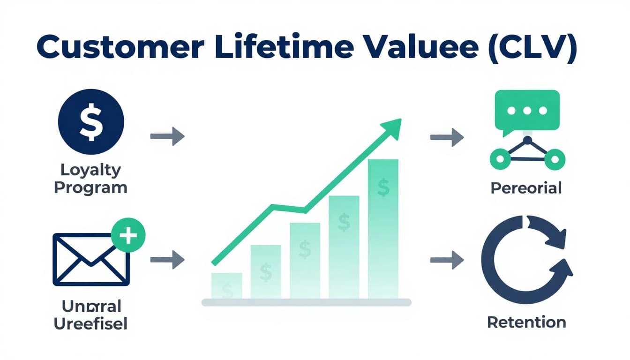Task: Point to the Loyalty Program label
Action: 90,179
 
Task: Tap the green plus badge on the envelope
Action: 128,235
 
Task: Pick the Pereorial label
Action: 526,188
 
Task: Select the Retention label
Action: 526,322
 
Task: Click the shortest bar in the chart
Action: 227,285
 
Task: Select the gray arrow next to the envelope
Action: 167,259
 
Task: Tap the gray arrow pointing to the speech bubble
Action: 447,137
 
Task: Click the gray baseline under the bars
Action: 306,302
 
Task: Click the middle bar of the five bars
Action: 305,260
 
